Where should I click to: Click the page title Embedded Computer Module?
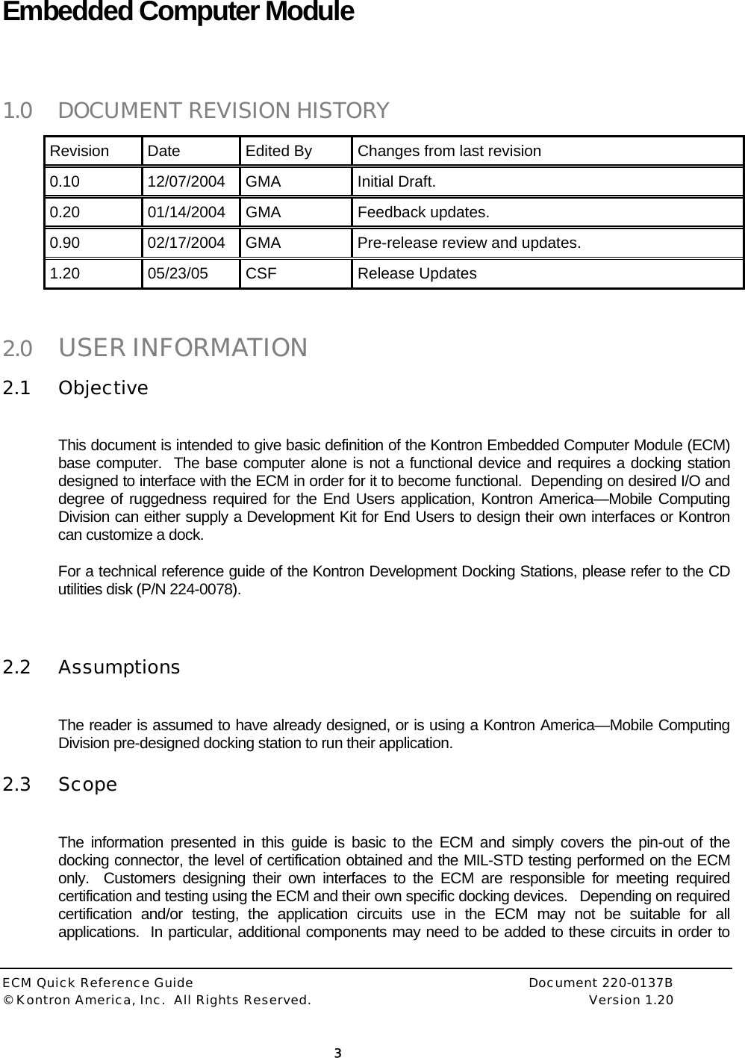178,13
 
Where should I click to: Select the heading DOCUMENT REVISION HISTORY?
222,111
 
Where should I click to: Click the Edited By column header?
278,151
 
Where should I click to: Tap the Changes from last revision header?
449,151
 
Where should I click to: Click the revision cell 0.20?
65,212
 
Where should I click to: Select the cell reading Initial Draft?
396,181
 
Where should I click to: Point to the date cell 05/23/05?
178,273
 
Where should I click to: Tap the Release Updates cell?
417,273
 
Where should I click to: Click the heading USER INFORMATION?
182,348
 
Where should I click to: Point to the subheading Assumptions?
119,667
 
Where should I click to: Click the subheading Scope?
87,785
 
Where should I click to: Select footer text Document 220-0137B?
600,984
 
